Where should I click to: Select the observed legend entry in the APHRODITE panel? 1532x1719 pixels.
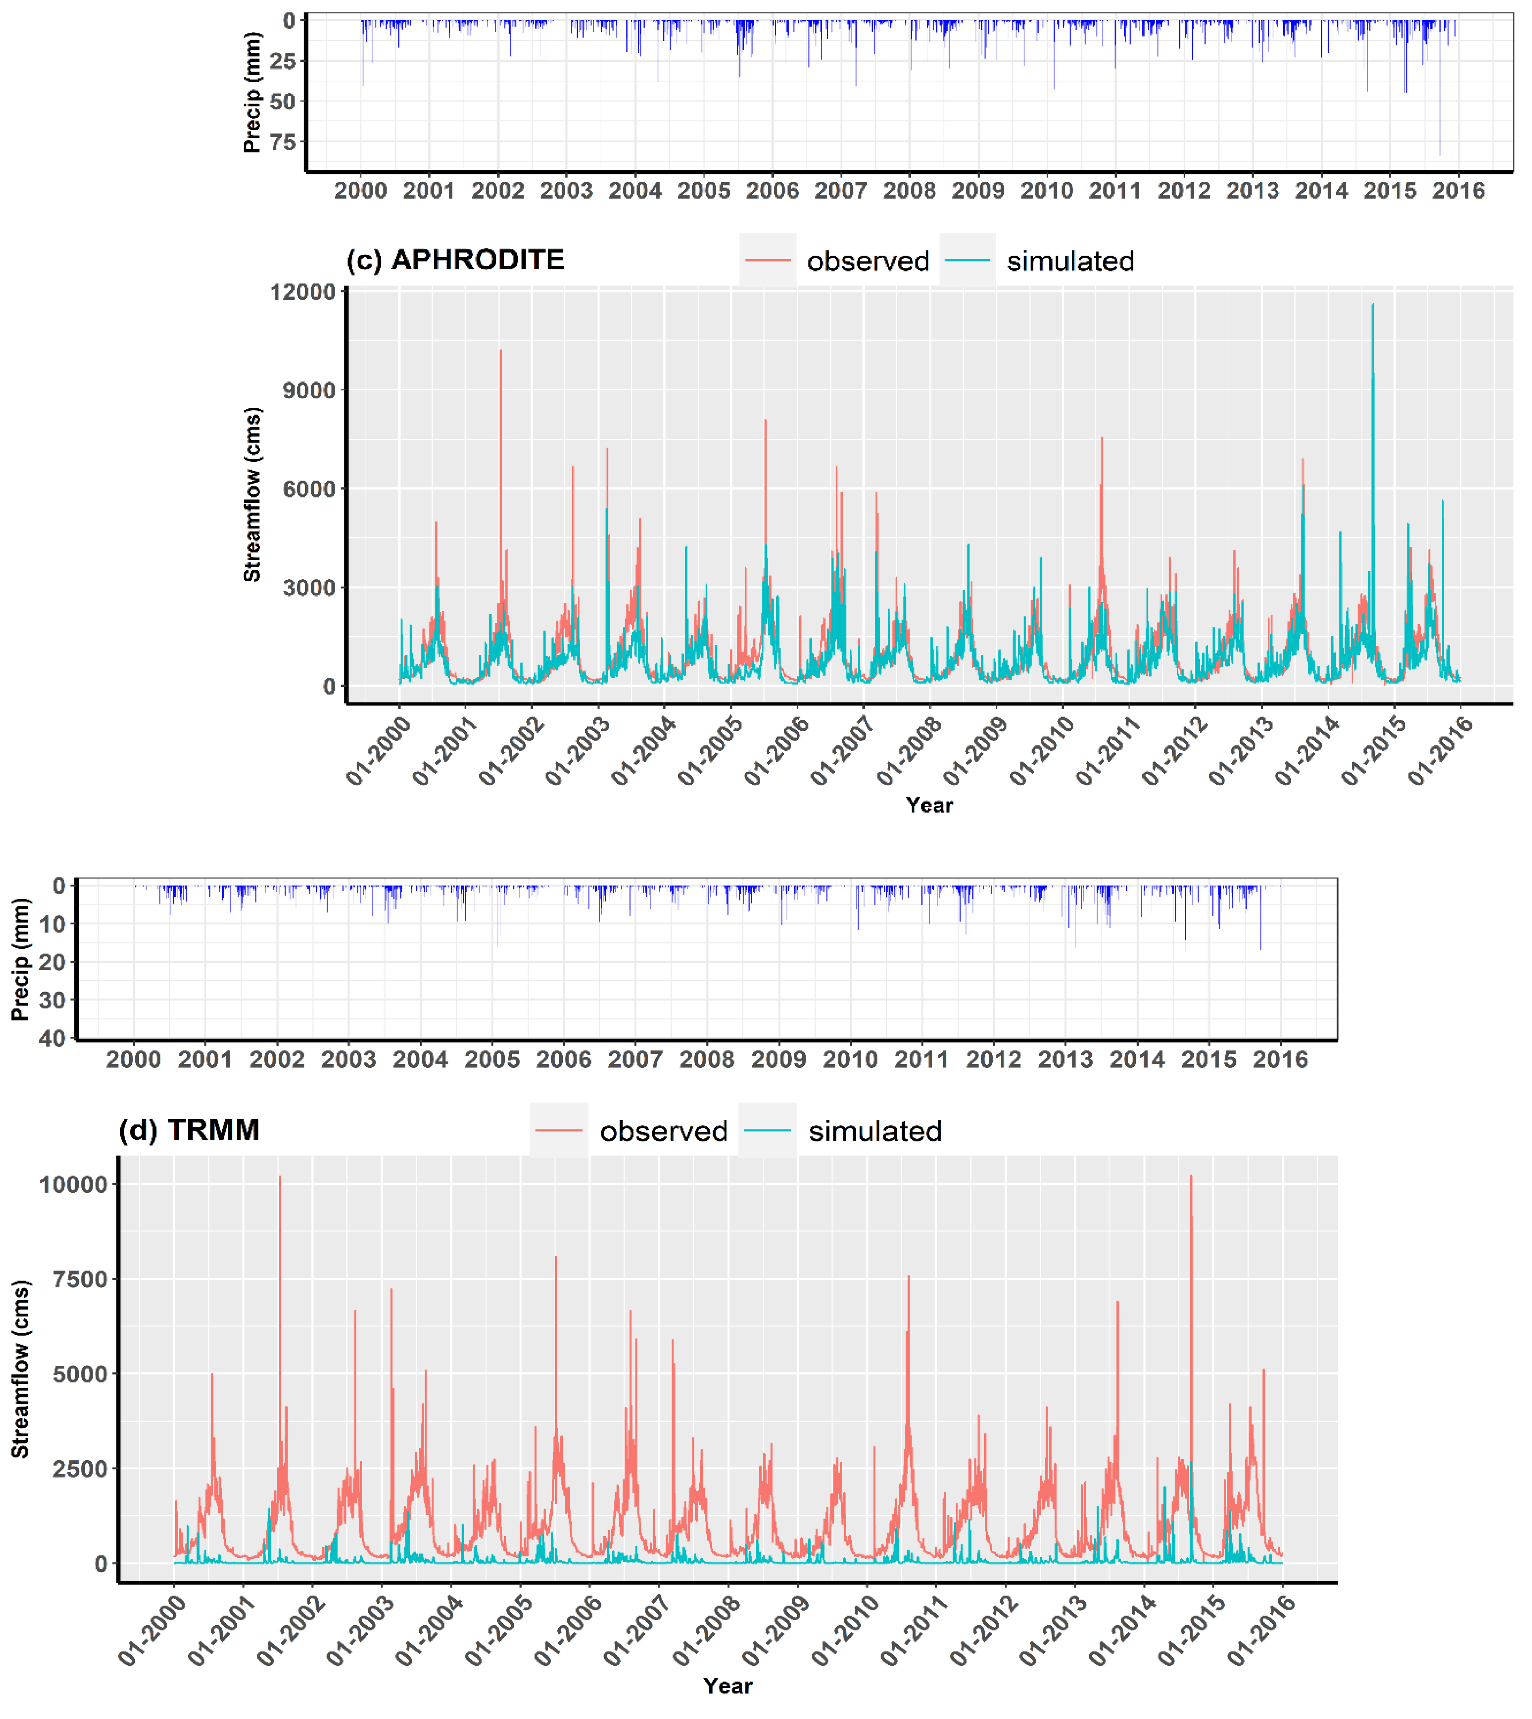(867, 262)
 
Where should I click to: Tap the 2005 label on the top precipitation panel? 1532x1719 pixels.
(704, 191)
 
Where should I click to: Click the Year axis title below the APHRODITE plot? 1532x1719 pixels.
(929, 805)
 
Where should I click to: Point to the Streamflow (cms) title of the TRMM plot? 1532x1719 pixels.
(20, 1369)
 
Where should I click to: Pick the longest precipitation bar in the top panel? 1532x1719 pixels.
(1439, 153)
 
